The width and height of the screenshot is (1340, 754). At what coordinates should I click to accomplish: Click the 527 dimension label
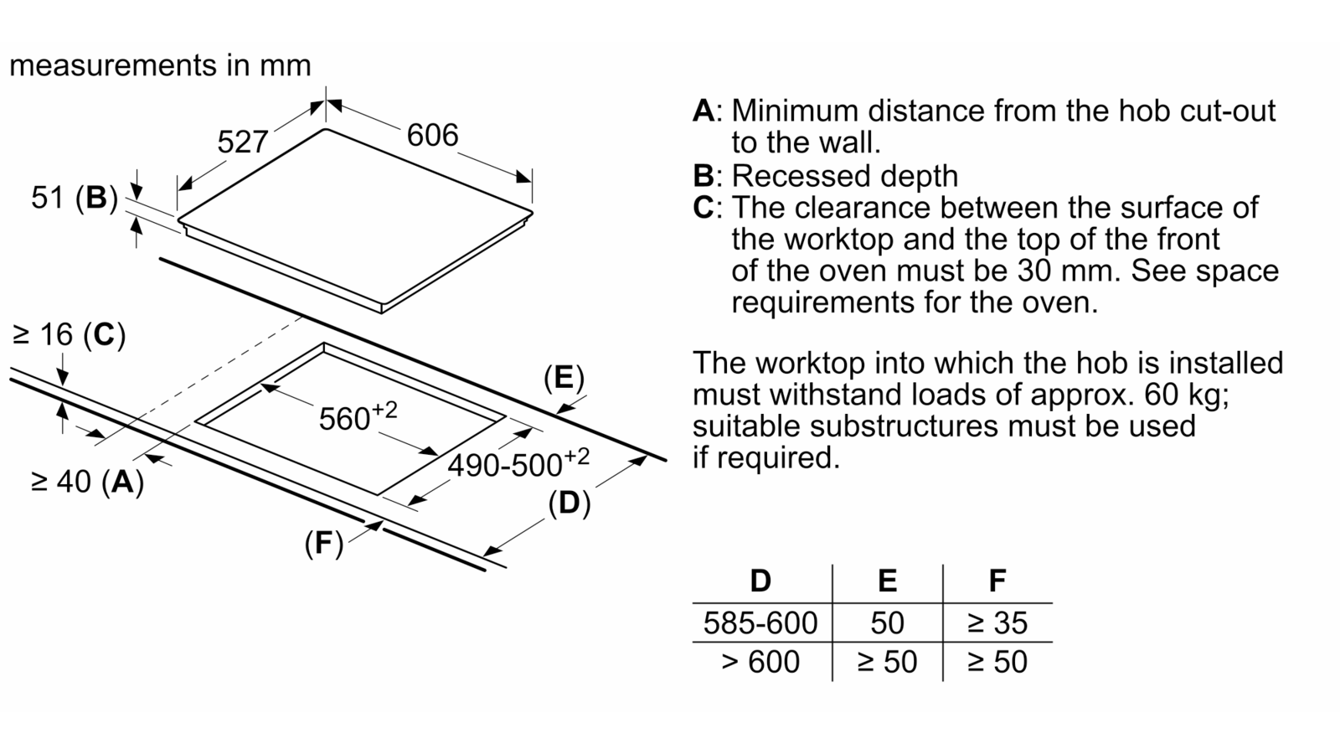click(x=242, y=142)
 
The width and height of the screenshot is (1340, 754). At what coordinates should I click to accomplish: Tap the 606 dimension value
click(x=432, y=135)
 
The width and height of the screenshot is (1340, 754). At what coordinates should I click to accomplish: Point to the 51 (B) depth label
click(x=75, y=198)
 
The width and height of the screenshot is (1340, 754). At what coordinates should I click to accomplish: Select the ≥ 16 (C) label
click(x=69, y=334)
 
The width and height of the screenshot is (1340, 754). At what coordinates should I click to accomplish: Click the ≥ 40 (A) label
click(x=87, y=482)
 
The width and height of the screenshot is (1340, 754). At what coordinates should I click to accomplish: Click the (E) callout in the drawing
click(x=564, y=378)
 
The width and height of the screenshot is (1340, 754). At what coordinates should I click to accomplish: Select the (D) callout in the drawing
click(x=569, y=503)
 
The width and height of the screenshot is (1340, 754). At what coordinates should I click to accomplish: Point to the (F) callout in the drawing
click(x=323, y=544)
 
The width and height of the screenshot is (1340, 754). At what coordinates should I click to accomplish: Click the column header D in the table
click(x=760, y=581)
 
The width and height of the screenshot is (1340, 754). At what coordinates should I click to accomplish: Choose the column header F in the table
click(x=997, y=581)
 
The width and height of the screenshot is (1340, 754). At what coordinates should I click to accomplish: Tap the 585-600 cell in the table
click(x=760, y=623)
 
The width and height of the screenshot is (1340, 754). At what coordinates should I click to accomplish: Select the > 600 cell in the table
click(x=760, y=663)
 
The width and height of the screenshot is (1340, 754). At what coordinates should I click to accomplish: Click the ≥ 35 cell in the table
click(x=997, y=623)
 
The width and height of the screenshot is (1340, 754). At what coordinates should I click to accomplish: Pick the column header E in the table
click(x=887, y=581)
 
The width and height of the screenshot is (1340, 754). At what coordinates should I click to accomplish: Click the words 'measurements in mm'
click(x=160, y=65)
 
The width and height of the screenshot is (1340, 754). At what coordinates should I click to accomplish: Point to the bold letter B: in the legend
click(x=707, y=176)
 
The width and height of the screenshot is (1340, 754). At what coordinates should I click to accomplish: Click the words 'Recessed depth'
click(x=845, y=176)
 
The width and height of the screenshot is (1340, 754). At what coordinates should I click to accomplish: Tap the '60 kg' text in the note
click(x=1186, y=395)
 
